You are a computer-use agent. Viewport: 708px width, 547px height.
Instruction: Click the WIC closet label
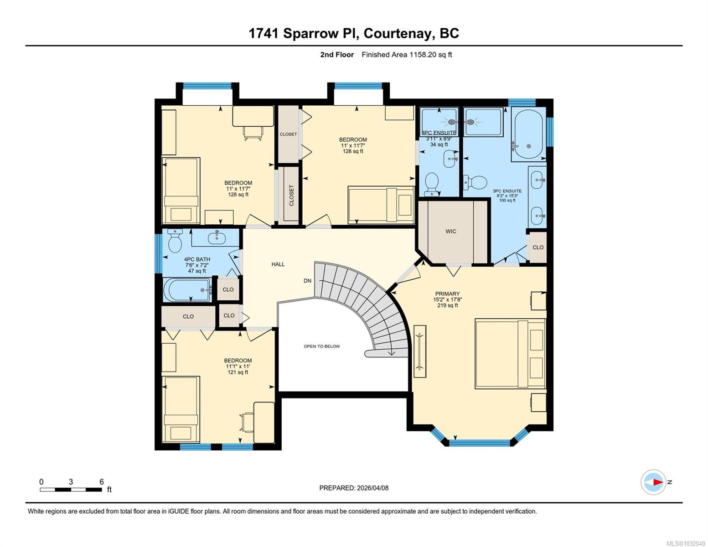[x=450, y=232]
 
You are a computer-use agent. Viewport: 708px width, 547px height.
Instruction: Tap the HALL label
[x=278, y=264]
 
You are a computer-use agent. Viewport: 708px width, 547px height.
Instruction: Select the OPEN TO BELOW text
[x=322, y=346]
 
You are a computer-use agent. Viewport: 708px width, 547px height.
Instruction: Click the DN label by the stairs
[x=308, y=281]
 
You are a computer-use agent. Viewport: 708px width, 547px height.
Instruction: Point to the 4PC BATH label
[x=197, y=259]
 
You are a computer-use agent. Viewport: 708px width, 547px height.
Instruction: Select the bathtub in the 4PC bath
[x=187, y=290]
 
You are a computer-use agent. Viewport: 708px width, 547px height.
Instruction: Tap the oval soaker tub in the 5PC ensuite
[x=528, y=134]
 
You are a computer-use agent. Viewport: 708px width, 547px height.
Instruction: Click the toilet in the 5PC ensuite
[x=475, y=183]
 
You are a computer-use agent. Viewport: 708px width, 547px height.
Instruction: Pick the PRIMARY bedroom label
[x=447, y=294]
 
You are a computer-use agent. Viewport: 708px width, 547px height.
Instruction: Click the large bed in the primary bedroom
[x=510, y=354]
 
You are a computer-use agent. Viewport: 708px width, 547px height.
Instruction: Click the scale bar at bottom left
[x=71, y=490]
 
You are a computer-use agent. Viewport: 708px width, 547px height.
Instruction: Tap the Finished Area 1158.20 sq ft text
[x=407, y=55]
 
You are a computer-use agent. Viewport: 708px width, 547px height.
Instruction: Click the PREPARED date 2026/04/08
[x=354, y=488]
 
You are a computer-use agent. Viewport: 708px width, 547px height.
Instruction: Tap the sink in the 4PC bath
[x=216, y=237]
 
